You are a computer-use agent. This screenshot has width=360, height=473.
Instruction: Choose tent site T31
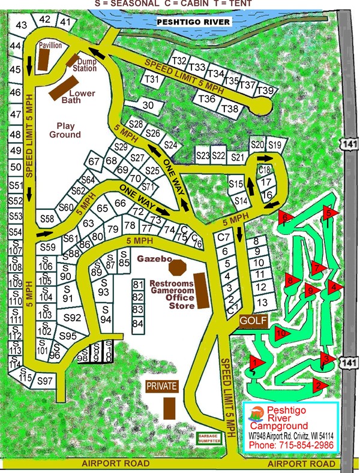(153, 79)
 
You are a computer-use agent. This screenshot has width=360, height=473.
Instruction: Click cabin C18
(265, 169)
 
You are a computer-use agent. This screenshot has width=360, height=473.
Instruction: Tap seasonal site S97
(45, 381)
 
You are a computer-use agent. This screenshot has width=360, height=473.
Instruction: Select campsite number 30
(148, 105)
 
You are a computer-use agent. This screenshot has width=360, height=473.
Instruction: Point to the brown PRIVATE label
(161, 387)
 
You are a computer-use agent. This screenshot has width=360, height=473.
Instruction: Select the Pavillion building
(43, 59)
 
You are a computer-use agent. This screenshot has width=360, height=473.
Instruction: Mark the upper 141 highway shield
(349, 141)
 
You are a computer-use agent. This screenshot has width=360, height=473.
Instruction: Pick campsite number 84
(138, 324)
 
